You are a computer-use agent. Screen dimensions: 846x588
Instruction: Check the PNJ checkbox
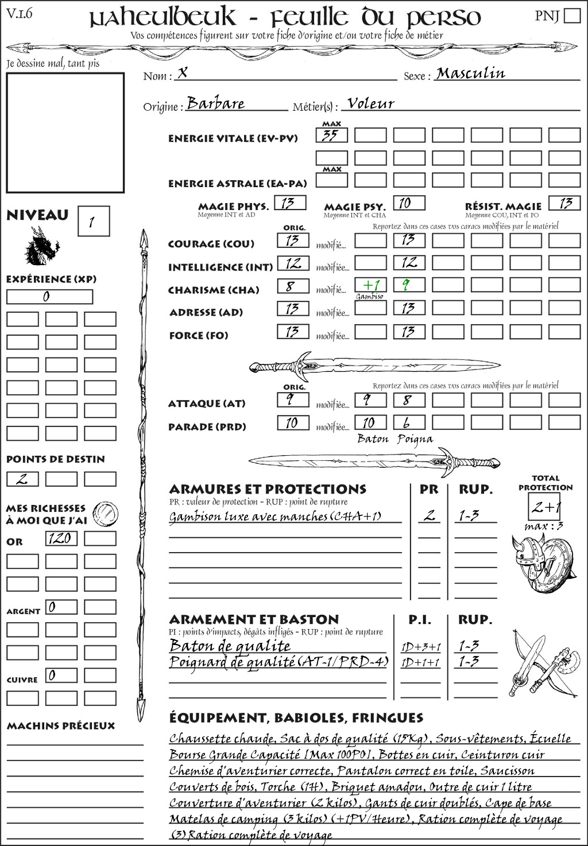tap(572, 15)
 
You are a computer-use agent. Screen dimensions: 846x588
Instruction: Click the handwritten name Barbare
tap(216, 103)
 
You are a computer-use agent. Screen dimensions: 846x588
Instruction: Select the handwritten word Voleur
tap(371, 103)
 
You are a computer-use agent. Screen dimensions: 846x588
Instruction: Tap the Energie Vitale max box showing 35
tap(331, 135)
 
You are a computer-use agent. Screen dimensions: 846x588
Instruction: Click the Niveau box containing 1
tap(93, 221)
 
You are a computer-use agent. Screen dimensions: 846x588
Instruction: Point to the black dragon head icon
tap(41, 246)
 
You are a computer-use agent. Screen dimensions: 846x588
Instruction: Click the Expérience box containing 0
tap(49, 297)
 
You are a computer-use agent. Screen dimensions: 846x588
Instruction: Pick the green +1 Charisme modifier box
tap(370, 285)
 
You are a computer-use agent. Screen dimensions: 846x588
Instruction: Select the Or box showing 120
tap(61, 538)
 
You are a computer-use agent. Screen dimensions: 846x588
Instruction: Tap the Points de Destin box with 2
tap(22, 479)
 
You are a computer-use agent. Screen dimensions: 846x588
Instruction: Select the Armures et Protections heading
tap(268, 489)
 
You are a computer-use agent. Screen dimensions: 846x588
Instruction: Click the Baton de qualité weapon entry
tap(230, 646)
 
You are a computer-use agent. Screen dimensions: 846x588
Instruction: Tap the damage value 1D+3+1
tap(421, 647)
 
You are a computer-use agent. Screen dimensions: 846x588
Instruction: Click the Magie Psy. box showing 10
tap(409, 203)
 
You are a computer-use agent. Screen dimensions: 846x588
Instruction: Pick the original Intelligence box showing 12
tap(293, 263)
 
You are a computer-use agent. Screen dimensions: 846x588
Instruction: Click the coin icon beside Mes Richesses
tap(106, 513)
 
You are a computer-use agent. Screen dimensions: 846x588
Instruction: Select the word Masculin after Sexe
tap(470, 73)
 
